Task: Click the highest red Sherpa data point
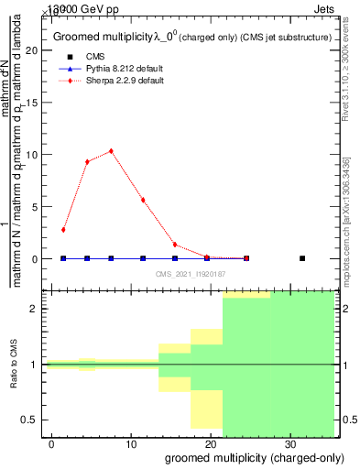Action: point(111,151)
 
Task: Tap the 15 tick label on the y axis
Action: point(35,103)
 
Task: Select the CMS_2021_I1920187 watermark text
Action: point(191,274)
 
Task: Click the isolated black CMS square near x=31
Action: point(302,258)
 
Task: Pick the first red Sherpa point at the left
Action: point(63,230)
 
